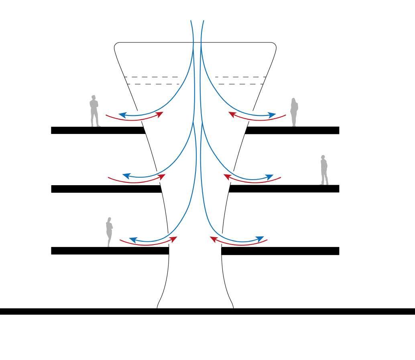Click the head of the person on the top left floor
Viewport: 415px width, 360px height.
pos(94,98)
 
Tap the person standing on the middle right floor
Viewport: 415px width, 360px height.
pos(324,170)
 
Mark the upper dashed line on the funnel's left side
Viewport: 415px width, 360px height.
pos(151,77)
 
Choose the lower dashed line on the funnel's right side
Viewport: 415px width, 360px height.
pos(240,84)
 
